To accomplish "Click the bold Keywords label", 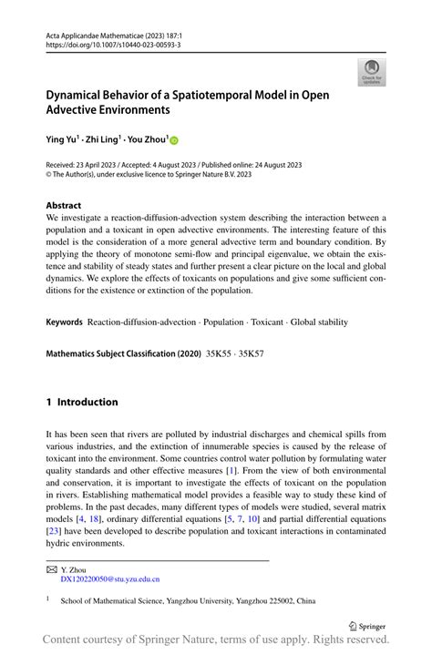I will [x=65, y=322].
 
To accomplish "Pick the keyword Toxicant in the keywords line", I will [x=267, y=322].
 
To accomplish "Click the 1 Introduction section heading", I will [x=82, y=402].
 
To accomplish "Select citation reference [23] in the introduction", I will [x=54, y=530].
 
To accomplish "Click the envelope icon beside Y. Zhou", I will [x=50, y=568].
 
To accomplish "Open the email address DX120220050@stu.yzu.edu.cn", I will [x=109, y=578].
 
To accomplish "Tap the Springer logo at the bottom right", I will [x=368, y=626].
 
